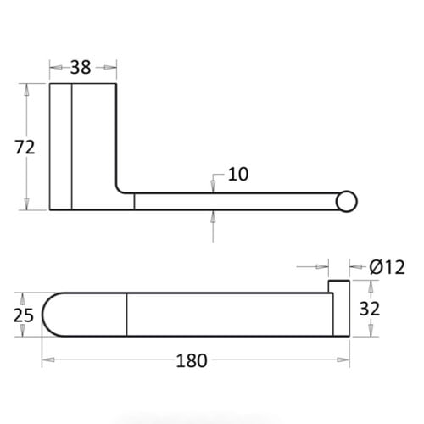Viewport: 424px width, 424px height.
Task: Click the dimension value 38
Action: click(81, 68)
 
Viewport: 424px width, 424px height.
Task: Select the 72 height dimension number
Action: click(25, 148)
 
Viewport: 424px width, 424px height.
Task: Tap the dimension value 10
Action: click(238, 174)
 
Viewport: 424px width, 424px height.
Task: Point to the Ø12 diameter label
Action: click(387, 267)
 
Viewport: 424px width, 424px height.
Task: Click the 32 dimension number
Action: click(370, 309)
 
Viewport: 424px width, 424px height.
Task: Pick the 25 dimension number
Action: click(24, 315)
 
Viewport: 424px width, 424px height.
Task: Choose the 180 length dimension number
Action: click(192, 360)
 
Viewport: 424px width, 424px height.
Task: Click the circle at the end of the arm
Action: click(347, 202)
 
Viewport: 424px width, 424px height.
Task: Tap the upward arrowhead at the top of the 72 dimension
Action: click(26, 90)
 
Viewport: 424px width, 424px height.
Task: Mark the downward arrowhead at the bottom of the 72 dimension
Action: click(26, 204)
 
